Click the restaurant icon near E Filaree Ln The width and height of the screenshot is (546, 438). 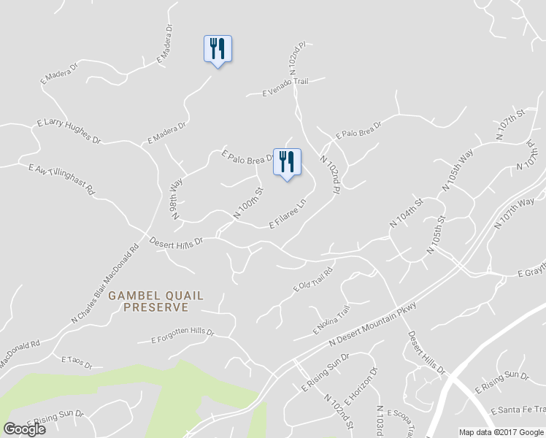pos(287,162)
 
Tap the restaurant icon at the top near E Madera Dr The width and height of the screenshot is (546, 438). pos(217,49)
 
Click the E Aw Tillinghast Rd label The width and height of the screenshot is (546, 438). pos(62,179)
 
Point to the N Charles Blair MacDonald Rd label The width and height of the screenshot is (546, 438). pos(104,284)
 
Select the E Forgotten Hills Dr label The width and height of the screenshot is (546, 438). pos(182,335)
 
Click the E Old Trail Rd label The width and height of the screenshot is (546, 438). pos(313,280)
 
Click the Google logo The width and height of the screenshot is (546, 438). pos(24,429)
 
